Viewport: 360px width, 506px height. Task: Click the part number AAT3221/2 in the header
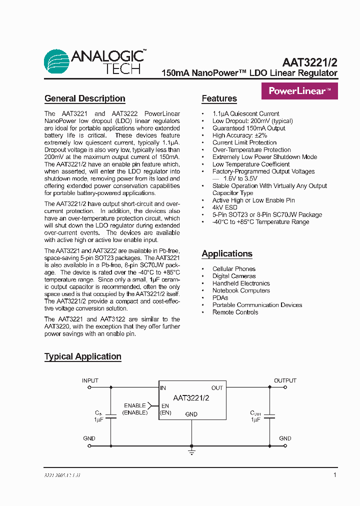pyautogui.click(x=309, y=62)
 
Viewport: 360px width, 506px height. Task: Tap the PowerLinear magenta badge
pyautogui.click(x=299, y=91)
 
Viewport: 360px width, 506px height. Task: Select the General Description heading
pyautogui.click(x=84, y=98)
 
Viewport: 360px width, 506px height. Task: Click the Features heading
pyautogui.click(x=219, y=98)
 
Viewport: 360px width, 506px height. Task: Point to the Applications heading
pyautogui.click(x=227, y=253)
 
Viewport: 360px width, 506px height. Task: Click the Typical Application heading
pyautogui.click(x=82, y=356)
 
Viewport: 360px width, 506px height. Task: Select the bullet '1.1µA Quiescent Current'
pyautogui.click(x=245, y=113)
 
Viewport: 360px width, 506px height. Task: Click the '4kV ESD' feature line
pyautogui.click(x=224, y=207)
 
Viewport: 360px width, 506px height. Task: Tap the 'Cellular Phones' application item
pyautogui.click(x=233, y=269)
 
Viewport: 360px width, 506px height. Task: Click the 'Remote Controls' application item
pyautogui.click(x=235, y=312)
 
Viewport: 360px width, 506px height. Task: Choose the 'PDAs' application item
pyautogui.click(x=220, y=297)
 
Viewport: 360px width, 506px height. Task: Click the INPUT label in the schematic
pyautogui.click(x=90, y=380)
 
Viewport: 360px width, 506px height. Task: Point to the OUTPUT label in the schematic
pyautogui.click(x=285, y=380)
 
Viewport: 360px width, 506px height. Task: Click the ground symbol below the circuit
pyautogui.click(x=191, y=451)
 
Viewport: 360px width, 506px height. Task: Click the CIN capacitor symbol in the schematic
pyautogui.click(x=110, y=416)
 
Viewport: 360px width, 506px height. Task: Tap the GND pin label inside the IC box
pyautogui.click(x=191, y=414)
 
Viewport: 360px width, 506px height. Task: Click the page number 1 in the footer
pyautogui.click(x=334, y=475)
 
